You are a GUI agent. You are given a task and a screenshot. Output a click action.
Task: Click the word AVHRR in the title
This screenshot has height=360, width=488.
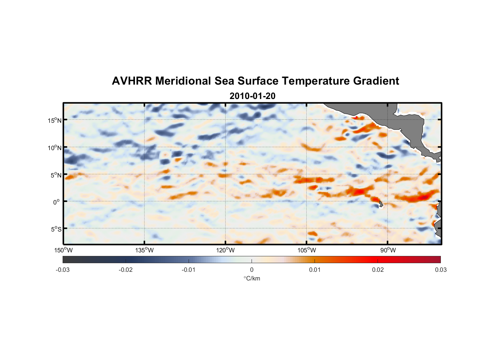[x=132, y=81]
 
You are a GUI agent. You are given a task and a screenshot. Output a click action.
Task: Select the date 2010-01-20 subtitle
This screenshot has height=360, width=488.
[x=252, y=96]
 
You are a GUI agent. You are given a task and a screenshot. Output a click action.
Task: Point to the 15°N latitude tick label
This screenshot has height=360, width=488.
[x=54, y=120]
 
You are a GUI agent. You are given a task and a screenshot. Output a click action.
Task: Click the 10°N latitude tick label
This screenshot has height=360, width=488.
[x=54, y=148]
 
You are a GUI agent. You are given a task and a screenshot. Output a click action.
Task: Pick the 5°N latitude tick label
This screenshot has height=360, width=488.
[x=55, y=175]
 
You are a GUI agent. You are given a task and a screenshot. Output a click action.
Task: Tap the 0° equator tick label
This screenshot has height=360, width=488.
[x=57, y=202]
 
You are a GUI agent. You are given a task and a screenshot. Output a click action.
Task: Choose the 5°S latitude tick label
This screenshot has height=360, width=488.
[x=55, y=229]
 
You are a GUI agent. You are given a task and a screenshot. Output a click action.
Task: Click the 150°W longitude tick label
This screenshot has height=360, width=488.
[x=63, y=250]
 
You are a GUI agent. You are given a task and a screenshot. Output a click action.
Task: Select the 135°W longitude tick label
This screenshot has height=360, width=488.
[x=144, y=250]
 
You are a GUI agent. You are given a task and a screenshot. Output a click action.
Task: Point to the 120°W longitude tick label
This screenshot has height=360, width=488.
[x=225, y=250]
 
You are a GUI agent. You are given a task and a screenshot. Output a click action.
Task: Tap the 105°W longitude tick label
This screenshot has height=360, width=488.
[x=307, y=250]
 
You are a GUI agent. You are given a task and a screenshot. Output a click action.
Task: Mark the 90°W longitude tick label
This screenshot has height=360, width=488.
[x=388, y=250]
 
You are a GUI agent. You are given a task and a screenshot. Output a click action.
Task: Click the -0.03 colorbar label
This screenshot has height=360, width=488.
[x=63, y=270]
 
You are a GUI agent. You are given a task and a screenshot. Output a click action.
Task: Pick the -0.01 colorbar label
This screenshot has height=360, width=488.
[x=189, y=270]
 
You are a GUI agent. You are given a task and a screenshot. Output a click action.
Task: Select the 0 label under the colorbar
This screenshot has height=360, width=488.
[x=252, y=270]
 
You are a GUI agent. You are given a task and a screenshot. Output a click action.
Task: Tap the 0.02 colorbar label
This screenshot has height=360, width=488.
[x=378, y=270]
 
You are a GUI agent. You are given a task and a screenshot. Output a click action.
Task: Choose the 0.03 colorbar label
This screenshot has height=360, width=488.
[x=440, y=270]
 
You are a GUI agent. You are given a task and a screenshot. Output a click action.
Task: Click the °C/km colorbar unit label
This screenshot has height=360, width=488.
[x=252, y=278]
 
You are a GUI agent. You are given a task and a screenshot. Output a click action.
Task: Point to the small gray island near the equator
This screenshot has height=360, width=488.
[x=381, y=204]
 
